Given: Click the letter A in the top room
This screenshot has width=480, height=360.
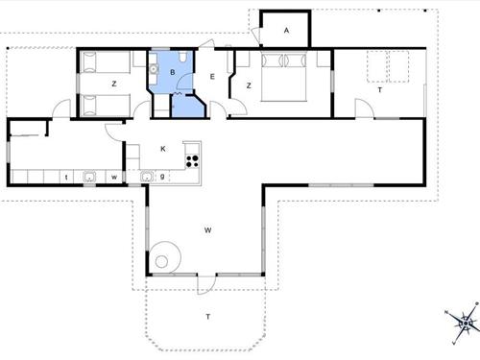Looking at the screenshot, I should [286, 31].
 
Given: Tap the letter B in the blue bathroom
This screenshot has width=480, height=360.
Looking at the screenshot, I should [172, 72].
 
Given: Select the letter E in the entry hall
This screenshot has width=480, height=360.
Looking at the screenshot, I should [212, 76].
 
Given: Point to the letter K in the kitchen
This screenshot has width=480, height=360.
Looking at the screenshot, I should [163, 149].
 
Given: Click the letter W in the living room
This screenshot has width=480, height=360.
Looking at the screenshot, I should [206, 230].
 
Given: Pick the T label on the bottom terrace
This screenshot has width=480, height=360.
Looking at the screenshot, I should [206, 316].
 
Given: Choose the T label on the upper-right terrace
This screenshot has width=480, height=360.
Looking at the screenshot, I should [379, 90].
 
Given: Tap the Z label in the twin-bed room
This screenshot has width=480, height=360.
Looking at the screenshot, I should [113, 85].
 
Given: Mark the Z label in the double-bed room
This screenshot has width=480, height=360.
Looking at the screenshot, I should [249, 85].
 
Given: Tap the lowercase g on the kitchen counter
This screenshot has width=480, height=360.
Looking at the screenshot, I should [165, 176].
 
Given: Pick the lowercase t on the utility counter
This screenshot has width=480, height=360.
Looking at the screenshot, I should [65, 177].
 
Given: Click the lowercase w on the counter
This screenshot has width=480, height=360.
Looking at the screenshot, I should [113, 177].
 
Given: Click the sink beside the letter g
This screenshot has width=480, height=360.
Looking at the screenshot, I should [148, 176].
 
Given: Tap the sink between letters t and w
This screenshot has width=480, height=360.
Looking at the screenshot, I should [89, 176].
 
